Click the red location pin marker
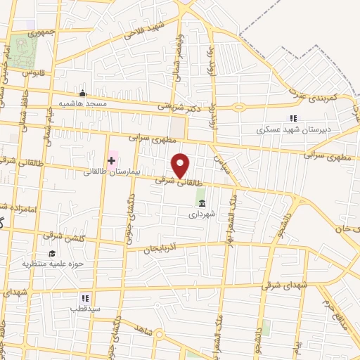pos(181,166)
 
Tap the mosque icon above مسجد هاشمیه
pos(83,94)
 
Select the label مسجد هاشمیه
pos(83,104)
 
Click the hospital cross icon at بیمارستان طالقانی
pos(111,161)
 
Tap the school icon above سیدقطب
pos(84,298)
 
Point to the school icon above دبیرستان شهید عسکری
pos(293,119)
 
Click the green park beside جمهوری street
pos(27,49)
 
